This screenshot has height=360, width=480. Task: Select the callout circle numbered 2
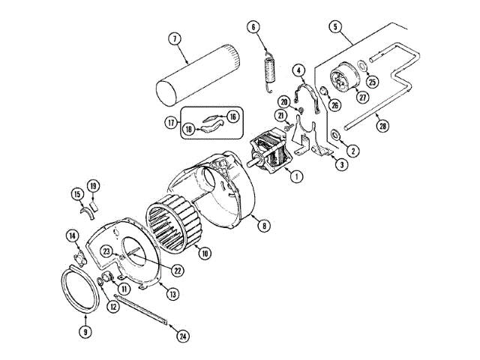point(353,150)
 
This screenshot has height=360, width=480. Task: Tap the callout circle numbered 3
point(341,165)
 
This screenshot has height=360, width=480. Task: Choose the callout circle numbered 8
point(263,223)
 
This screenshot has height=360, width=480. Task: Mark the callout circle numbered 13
point(172,294)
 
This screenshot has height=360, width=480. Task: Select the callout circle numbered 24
point(183,335)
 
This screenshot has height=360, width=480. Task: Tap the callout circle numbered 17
point(171,121)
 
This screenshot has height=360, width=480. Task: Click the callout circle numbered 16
point(233,116)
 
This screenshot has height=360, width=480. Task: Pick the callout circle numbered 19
point(93,185)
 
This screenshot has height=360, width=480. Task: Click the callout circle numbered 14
point(72,236)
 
